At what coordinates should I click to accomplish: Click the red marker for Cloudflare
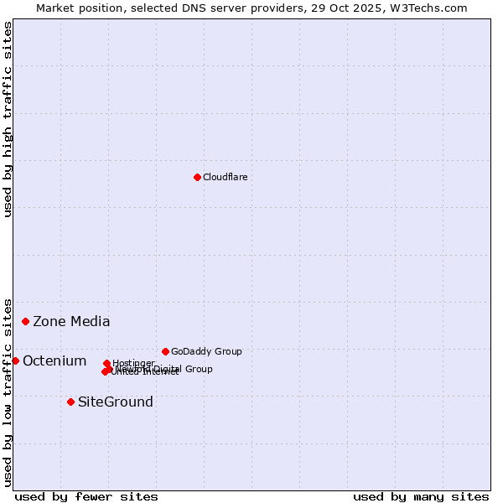coord(197,177)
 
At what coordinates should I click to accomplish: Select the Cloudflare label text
coord(225,177)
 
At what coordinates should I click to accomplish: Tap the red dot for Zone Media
coord(26,321)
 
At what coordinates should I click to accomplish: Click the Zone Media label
coord(71,321)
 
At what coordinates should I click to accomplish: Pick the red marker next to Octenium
coord(15,360)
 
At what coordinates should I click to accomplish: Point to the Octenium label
coord(54,360)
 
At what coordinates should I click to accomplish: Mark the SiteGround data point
coord(70,402)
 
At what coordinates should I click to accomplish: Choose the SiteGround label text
coord(116,402)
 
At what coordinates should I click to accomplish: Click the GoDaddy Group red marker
coord(165,351)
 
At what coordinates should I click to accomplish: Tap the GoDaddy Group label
coord(206,351)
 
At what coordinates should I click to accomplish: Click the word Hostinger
coord(133,363)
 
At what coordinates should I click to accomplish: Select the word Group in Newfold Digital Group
coord(198,369)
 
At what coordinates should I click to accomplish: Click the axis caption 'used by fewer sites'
coord(86,496)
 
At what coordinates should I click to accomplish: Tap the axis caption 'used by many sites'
coord(421,496)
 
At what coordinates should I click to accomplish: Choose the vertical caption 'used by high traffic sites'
coord(8,119)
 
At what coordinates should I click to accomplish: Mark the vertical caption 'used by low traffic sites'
coord(8,392)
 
